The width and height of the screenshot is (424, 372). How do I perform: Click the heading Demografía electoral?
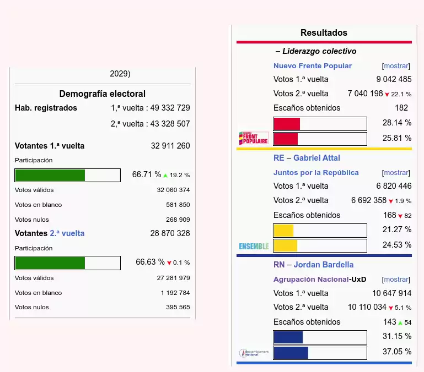pos(103,94)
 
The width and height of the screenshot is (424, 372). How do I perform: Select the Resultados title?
pos(324,32)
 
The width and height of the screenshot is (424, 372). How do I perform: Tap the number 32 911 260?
pos(170,146)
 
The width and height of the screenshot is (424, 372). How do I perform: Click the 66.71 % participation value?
pos(146,174)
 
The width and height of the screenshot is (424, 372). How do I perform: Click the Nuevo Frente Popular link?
pos(312,65)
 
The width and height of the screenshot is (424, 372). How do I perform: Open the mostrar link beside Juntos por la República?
pos(396,172)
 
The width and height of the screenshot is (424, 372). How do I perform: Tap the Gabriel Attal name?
pos(316,158)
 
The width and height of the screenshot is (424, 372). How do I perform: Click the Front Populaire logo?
pos(254,138)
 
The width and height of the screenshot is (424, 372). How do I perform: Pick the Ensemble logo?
pos(254,246)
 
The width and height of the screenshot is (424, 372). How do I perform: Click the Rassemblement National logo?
pos(254,353)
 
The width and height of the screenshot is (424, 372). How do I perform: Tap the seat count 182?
pos(401,108)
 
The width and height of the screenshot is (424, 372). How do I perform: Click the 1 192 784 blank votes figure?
pos(175,293)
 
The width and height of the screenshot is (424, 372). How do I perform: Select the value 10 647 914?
pos(391,293)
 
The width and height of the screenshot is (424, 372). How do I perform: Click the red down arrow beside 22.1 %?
pos(387,95)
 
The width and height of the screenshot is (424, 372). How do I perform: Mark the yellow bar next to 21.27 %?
pos(283,230)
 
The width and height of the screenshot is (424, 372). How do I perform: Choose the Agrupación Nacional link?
pos(311,279)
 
